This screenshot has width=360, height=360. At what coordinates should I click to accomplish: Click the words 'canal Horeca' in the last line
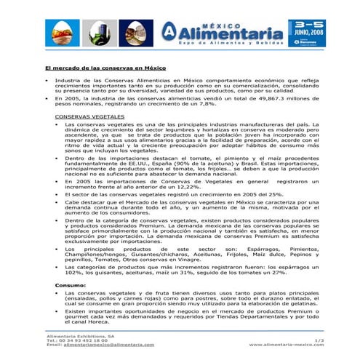pyautogui.click(x=87, y=322)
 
